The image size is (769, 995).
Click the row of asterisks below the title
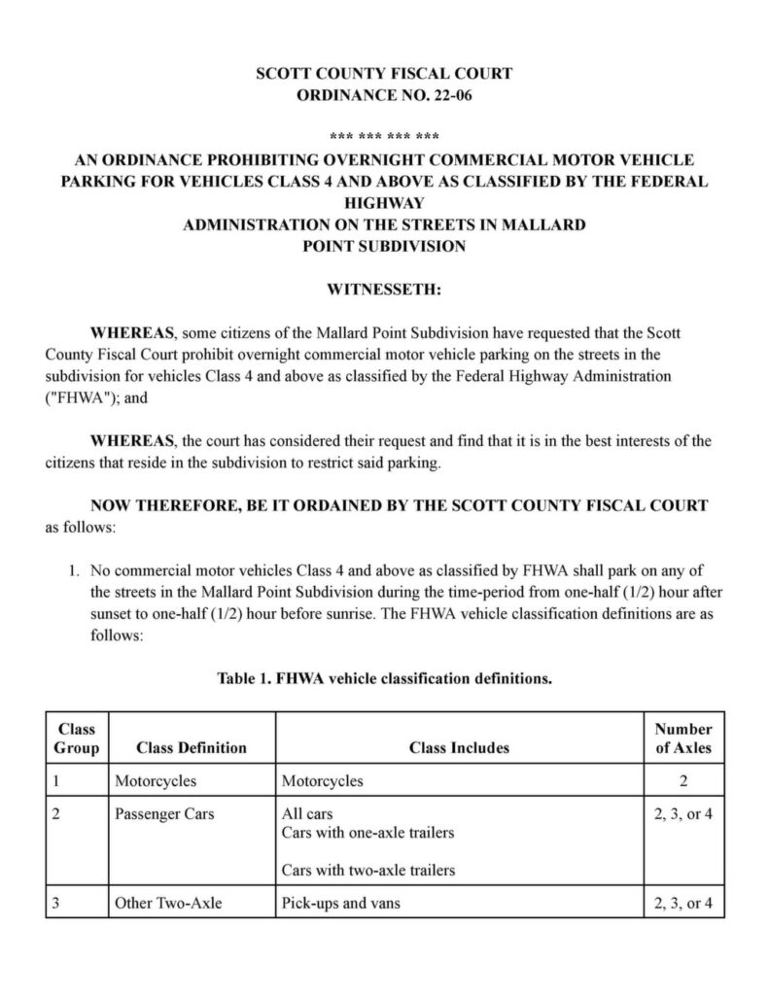click(384, 134)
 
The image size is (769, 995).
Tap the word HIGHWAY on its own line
click(384, 203)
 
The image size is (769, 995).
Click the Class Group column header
click(76, 738)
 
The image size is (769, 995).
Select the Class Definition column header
click(192, 747)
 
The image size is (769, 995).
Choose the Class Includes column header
click(459, 747)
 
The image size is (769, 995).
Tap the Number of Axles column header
click(682, 738)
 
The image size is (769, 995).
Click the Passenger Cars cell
click(164, 813)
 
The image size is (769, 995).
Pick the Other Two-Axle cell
click(168, 903)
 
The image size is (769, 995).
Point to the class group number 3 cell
click(57, 903)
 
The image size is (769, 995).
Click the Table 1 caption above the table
click(384, 680)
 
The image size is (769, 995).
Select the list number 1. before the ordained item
click(73, 569)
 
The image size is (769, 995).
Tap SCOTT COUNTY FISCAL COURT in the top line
click(384, 73)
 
